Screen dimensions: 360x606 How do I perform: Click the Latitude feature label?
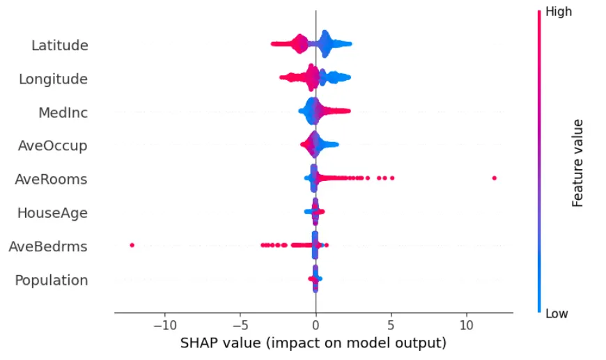59,46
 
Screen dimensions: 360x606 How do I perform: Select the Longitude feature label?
53,79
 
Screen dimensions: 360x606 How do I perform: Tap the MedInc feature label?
63,113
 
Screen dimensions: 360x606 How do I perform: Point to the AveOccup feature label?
52,146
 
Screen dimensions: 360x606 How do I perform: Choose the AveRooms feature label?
51,180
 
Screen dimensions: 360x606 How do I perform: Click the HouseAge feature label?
52,213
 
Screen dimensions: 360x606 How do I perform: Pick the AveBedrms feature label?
48,246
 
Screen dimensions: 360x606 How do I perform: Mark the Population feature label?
52,280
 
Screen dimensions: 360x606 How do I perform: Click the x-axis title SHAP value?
313,343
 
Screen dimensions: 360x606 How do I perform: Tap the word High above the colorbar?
559,12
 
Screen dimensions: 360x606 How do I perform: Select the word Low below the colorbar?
557,314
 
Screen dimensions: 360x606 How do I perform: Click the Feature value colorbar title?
577,163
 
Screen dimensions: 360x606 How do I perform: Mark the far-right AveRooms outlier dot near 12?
494,178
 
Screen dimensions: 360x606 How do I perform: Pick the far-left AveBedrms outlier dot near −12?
132,245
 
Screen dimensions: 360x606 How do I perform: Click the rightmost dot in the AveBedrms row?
327,245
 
